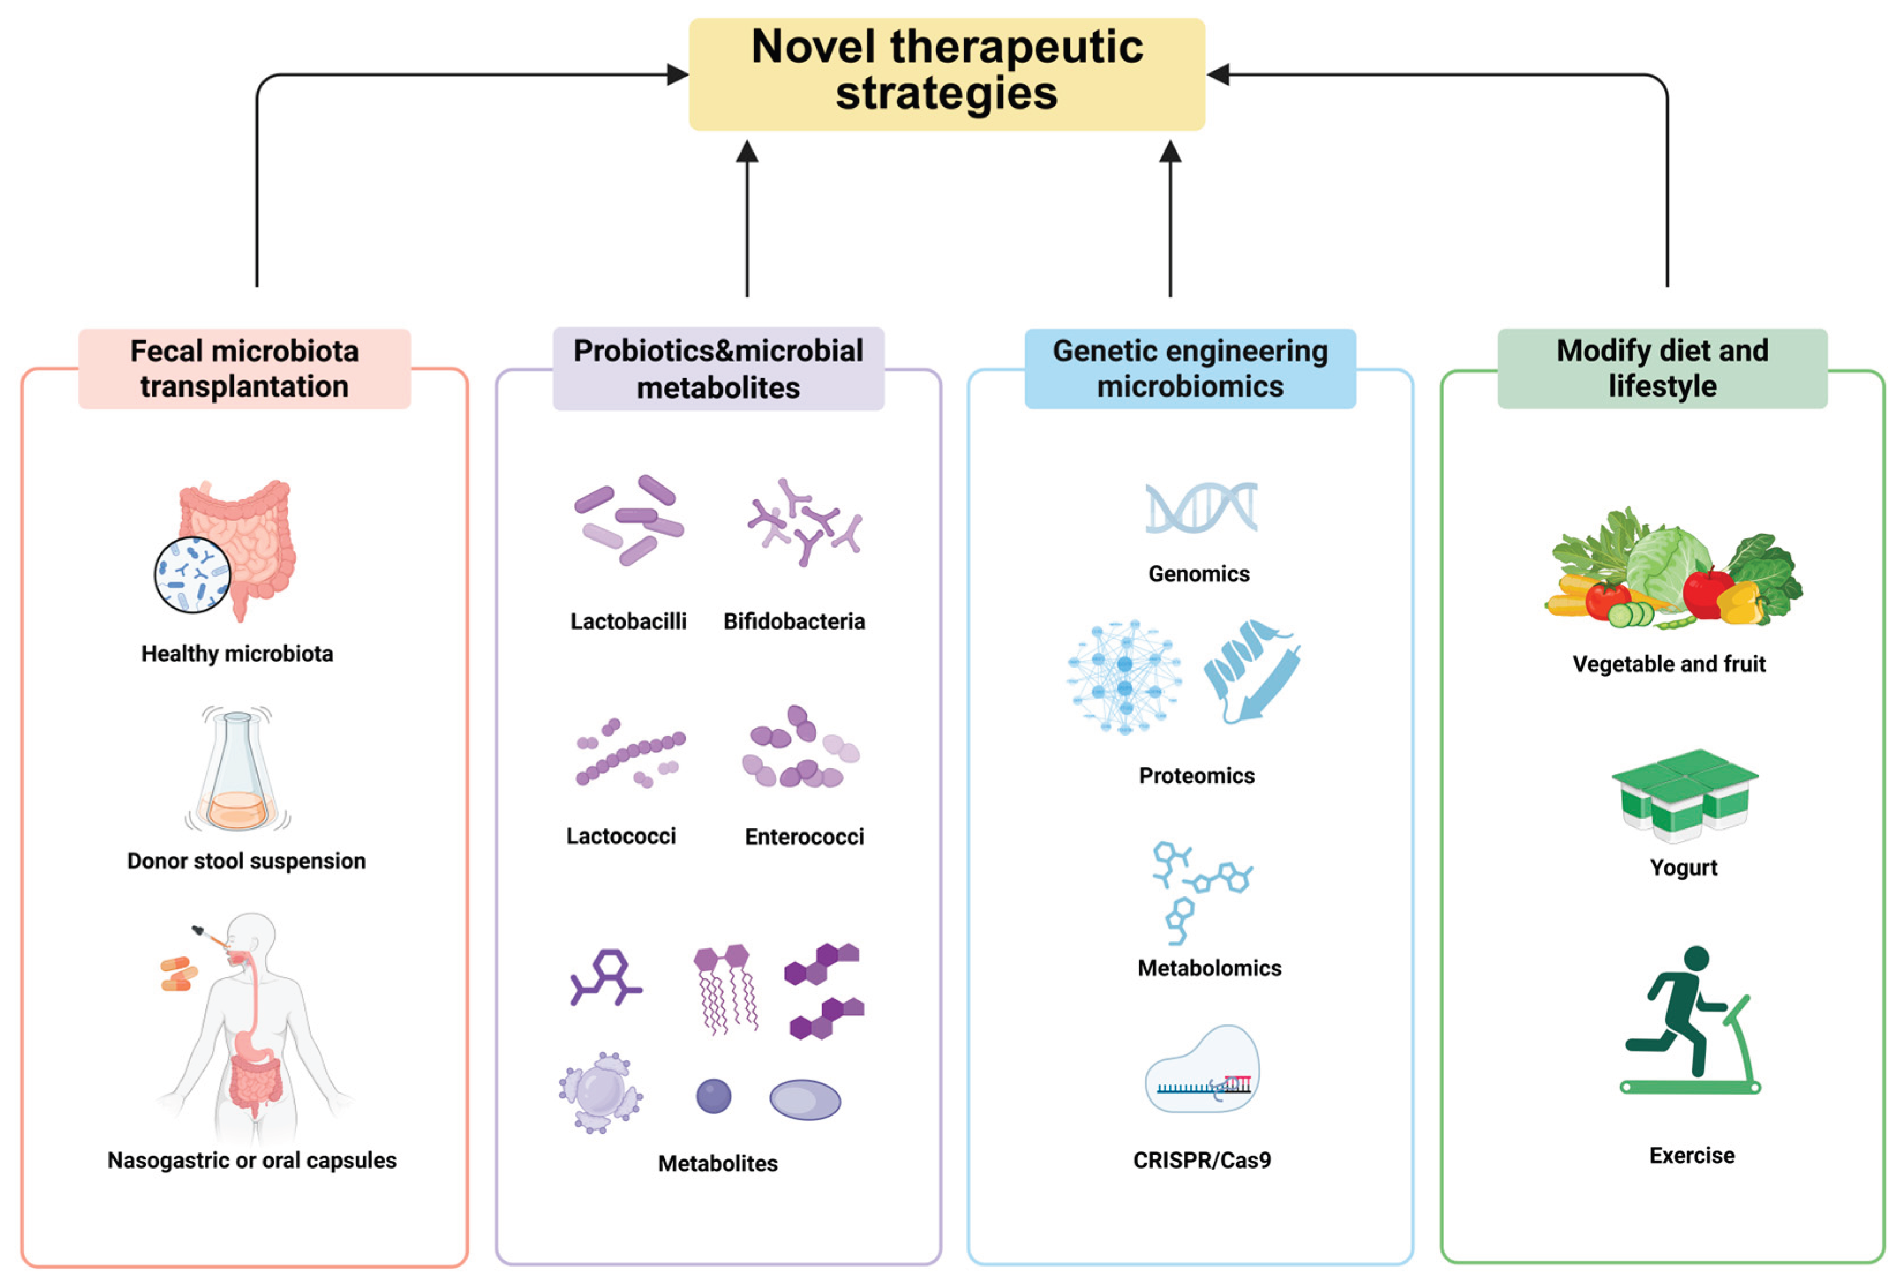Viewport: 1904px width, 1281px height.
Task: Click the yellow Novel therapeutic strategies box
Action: coord(946,74)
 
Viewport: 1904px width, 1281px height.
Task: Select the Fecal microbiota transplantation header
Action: coord(244,368)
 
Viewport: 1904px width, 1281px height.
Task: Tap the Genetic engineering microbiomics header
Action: coord(1190,368)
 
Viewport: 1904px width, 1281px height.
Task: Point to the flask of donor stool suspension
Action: coord(237,772)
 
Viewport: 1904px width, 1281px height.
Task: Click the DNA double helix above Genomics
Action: coord(1201,507)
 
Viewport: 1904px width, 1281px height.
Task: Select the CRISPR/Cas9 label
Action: coord(1201,1160)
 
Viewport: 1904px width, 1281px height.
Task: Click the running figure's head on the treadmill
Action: coord(1696,958)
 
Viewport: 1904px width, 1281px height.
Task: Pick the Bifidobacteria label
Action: coord(793,621)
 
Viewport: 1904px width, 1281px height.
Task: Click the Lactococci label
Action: coord(621,837)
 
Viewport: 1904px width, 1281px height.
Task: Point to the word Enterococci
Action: coord(804,837)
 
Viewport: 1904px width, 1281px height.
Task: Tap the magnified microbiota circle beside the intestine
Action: coord(193,574)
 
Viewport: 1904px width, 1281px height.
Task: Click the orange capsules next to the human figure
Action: coord(179,973)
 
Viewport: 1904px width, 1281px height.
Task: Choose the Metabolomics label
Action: coord(1209,968)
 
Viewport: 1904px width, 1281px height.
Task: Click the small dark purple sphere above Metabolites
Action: coord(713,1097)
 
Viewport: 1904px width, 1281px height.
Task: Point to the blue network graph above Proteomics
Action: coord(1124,676)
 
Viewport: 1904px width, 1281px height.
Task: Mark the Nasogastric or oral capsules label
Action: coord(251,1160)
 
